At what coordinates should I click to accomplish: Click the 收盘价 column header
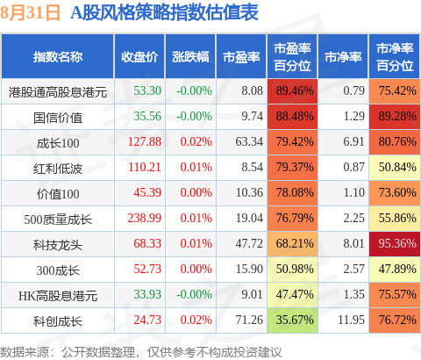pyautogui.click(x=139, y=57)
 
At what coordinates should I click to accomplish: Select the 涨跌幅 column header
pyautogui.click(x=190, y=57)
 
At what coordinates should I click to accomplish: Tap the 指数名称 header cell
pyautogui.click(x=58, y=57)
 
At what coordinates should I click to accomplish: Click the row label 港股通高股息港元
pyautogui.click(x=58, y=92)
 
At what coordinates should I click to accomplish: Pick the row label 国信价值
pyautogui.click(x=58, y=118)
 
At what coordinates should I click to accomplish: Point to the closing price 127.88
pyautogui.click(x=145, y=142)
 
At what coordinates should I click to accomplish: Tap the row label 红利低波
pyautogui.click(x=58, y=169)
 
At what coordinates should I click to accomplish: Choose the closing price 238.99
pyautogui.click(x=145, y=219)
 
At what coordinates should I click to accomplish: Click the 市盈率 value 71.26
pyautogui.click(x=249, y=320)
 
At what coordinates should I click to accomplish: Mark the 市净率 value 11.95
pyautogui.click(x=351, y=320)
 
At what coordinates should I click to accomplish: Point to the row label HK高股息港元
pyautogui.click(x=58, y=296)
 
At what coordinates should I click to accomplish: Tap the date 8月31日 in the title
pyautogui.click(x=31, y=12)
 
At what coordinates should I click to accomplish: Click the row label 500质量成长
pyautogui.click(x=58, y=220)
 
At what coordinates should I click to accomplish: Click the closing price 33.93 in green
pyautogui.click(x=147, y=294)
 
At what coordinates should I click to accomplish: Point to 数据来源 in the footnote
pyautogui.click(x=25, y=352)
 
